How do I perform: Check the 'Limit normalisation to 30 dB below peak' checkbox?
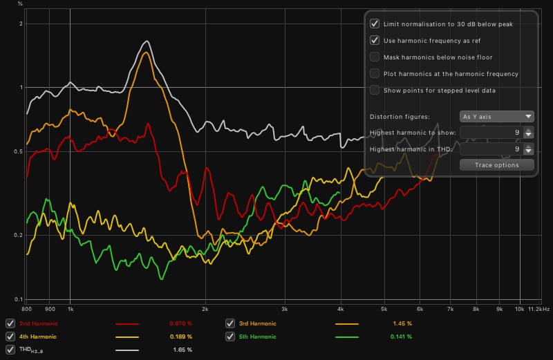(375, 23)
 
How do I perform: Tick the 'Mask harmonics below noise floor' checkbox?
(375, 57)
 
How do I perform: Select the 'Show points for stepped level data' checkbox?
(375, 90)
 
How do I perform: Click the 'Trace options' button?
(497, 164)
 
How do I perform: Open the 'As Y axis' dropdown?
(497, 117)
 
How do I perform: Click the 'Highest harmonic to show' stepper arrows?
(528, 133)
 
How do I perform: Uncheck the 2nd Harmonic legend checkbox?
(10, 323)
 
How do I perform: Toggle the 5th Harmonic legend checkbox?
(230, 337)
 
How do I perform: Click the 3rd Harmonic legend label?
(257, 323)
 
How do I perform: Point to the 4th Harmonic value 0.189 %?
(180, 337)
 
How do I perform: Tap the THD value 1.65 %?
(182, 350)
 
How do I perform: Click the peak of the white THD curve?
(147, 41)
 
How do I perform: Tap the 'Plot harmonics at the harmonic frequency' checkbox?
(375, 73)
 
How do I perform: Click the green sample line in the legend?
(347, 337)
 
